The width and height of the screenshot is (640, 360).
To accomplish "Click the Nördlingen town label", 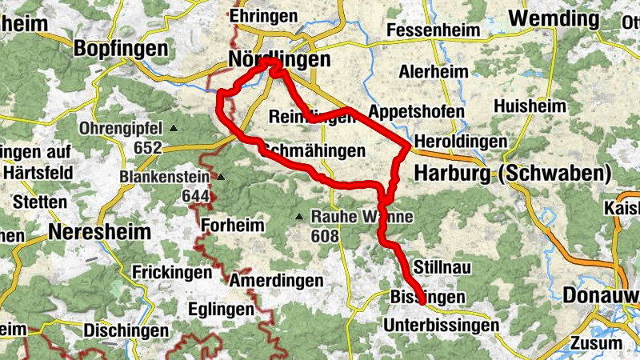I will [x=268, y=61].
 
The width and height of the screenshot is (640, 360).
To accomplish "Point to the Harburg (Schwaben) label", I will [x=512, y=173].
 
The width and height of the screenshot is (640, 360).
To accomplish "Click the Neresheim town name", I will [x=99, y=232].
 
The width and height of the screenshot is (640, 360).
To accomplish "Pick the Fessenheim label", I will [x=434, y=31].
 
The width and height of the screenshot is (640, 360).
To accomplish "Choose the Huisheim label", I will [x=530, y=106].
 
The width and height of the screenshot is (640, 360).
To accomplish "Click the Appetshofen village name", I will [x=416, y=111].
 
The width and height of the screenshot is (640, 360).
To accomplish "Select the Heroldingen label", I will [x=460, y=142].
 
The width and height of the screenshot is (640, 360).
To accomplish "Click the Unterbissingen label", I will [x=441, y=326].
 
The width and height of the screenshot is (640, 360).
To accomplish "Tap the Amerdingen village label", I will [x=276, y=281].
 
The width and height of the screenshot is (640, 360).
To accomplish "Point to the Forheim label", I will [x=232, y=225].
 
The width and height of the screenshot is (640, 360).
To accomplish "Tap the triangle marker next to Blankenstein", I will [x=222, y=177].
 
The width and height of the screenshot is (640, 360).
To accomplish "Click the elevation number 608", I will [x=326, y=236].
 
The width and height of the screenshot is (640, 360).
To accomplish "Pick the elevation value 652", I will [x=148, y=147].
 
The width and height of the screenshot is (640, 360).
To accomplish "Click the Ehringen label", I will [x=263, y=16].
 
